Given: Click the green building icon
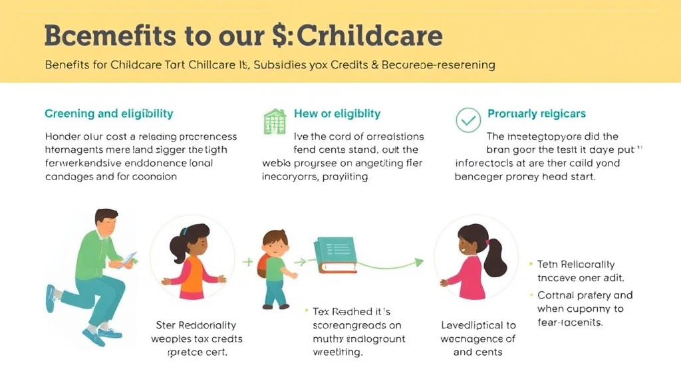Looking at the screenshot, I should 275,121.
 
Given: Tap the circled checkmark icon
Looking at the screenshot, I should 468,120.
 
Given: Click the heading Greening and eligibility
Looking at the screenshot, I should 109,114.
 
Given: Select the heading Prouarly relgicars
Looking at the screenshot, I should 537,114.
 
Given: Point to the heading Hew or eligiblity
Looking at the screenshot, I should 337,114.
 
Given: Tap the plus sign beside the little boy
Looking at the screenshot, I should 248,261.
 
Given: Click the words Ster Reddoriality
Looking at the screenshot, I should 196,325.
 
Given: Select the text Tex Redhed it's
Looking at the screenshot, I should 347,311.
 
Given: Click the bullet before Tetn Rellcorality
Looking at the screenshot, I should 530,265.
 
